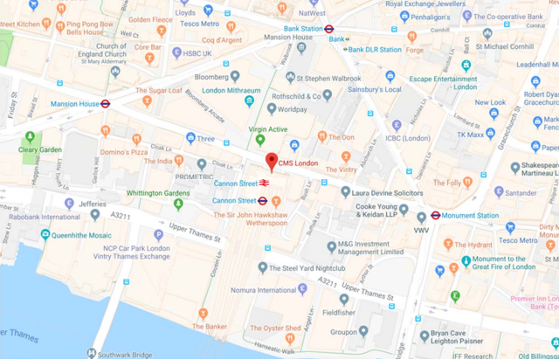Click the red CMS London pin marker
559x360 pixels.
click(271, 162)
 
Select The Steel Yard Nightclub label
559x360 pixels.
click(307, 244)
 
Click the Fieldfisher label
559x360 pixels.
click(339, 312)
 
